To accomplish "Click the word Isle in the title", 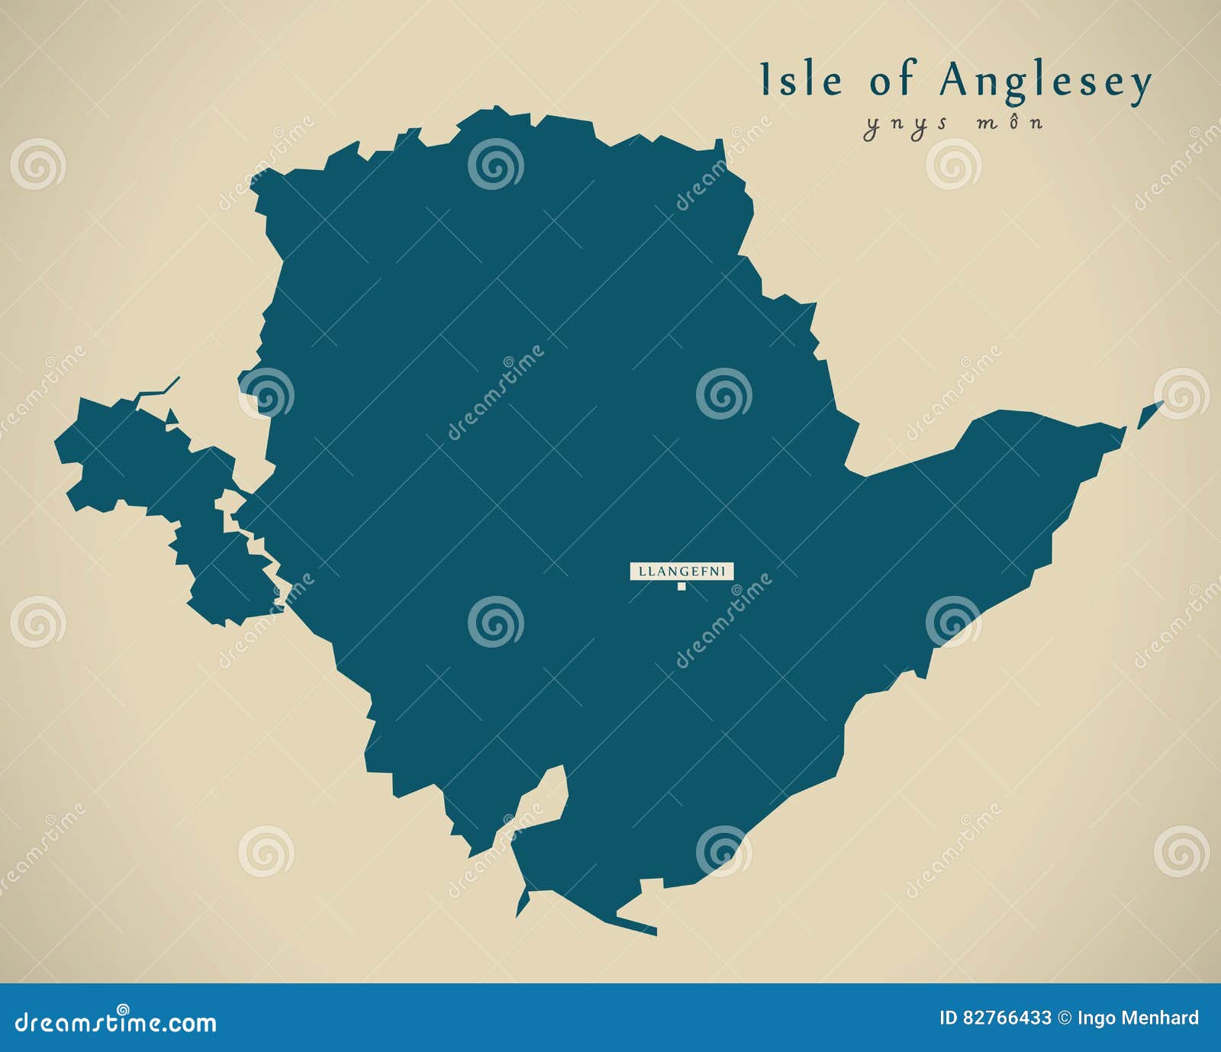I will point(801,81).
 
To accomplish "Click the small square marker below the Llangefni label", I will point(681,587).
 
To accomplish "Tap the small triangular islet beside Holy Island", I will point(172,417).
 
